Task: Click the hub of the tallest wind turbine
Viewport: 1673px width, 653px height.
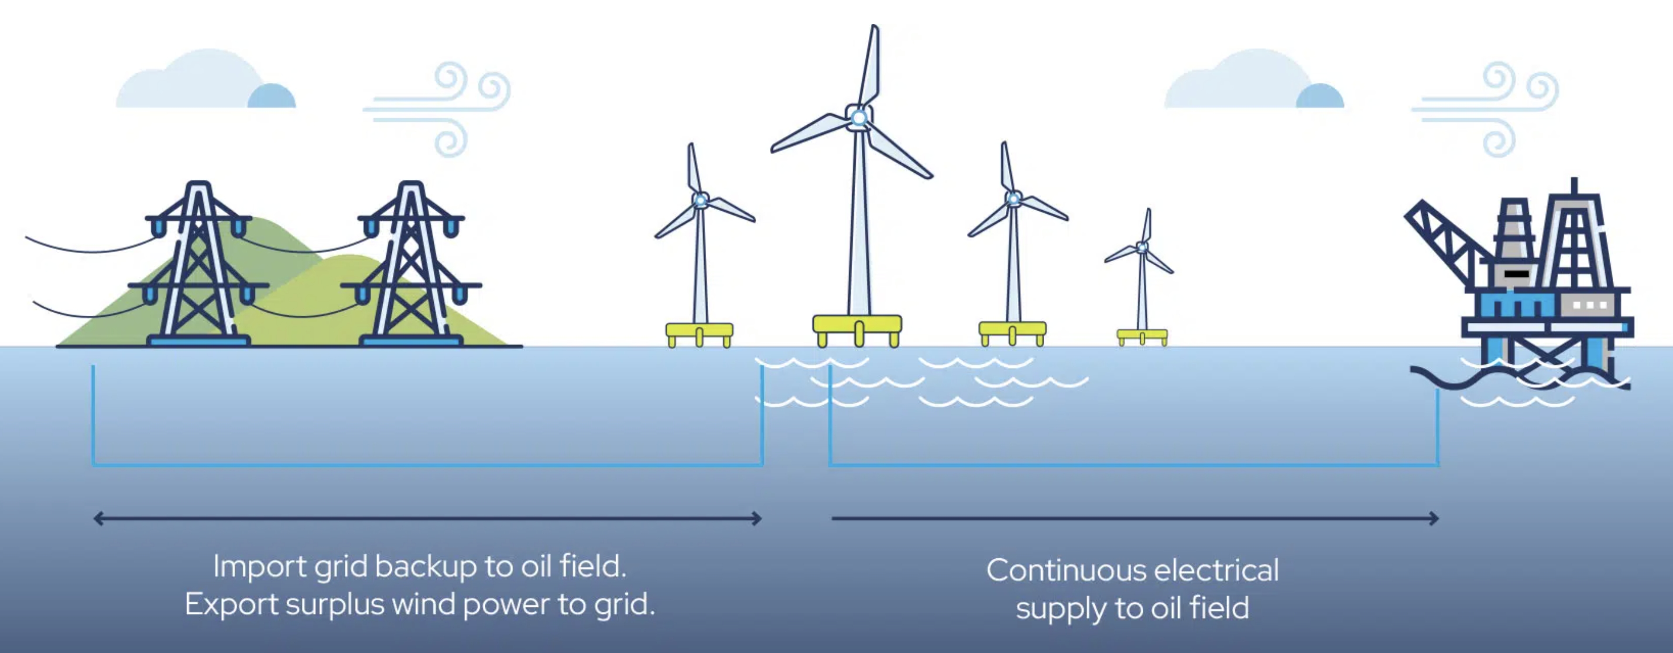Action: (x=859, y=117)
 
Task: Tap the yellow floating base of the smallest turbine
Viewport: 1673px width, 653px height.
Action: (x=1142, y=335)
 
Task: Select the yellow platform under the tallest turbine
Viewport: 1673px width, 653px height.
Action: (x=857, y=323)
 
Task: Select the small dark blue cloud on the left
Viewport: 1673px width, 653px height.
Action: (x=271, y=97)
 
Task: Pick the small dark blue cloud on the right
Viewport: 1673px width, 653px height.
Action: (x=1319, y=97)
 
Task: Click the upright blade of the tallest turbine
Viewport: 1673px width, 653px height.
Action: (x=870, y=65)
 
